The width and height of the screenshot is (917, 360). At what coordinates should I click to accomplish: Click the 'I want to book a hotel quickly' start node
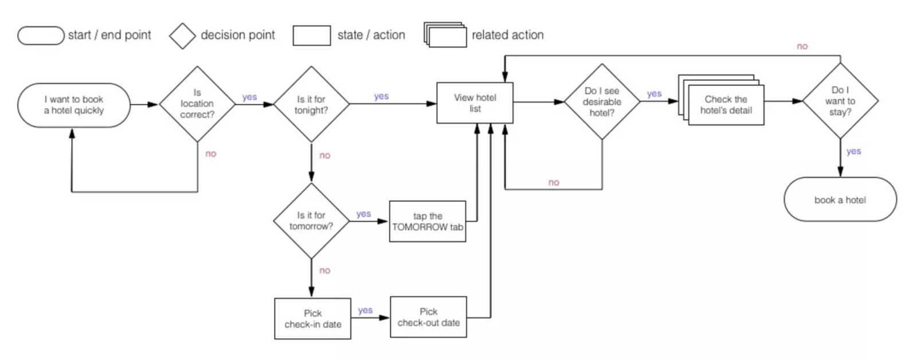coord(74,105)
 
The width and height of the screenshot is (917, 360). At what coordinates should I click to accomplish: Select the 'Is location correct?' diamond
coord(197,104)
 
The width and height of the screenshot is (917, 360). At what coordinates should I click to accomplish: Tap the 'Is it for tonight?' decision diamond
coord(311,104)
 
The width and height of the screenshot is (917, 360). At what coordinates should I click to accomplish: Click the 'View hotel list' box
coord(475,103)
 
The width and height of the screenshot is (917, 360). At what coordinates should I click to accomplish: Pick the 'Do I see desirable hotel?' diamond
coord(602,102)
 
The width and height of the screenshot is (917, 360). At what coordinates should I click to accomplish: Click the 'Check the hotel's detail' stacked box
coord(726,105)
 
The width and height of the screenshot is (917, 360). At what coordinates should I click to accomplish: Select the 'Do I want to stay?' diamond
coord(840,101)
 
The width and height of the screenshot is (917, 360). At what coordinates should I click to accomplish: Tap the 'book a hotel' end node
coord(840,199)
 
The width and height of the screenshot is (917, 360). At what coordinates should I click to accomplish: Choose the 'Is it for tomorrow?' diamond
coord(311,221)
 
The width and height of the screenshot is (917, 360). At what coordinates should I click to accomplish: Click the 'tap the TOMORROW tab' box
coord(428,221)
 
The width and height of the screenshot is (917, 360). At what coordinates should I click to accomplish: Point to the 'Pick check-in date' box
coord(312,319)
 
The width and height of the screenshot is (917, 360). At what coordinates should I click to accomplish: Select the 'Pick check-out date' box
coord(428,317)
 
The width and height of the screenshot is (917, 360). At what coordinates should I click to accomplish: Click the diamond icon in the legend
coord(182,36)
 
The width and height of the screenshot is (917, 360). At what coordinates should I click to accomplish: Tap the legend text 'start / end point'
coord(109,35)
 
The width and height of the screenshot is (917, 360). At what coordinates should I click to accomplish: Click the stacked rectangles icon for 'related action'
coord(445,35)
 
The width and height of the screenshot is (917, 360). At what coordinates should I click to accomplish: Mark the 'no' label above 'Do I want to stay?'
coord(802,46)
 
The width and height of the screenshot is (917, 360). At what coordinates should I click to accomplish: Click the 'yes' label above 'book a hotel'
coord(853,151)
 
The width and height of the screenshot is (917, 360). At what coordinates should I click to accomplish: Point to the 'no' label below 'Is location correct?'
coord(210,154)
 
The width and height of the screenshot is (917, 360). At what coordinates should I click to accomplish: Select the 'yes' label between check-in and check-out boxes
coord(365,310)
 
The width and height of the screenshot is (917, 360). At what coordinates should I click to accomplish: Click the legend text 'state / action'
coord(371,35)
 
